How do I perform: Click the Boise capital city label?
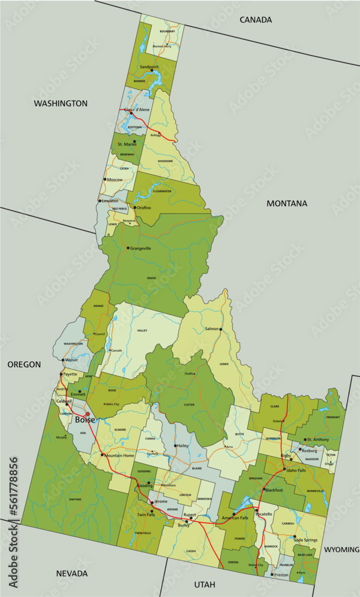pos(85,420)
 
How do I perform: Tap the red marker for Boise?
pos(87,413)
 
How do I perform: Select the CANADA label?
pos(256,20)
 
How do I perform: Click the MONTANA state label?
pos(287,204)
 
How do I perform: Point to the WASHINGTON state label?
pos(60,103)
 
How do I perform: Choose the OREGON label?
pos(24,364)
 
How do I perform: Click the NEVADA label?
pos(72,573)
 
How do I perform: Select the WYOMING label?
pos(341,549)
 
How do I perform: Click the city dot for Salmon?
pos(220,330)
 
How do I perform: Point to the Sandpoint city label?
pos(149,67)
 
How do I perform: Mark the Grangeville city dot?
pos(128,248)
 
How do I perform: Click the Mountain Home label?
pos(120,456)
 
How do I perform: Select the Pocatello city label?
pos(263,513)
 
